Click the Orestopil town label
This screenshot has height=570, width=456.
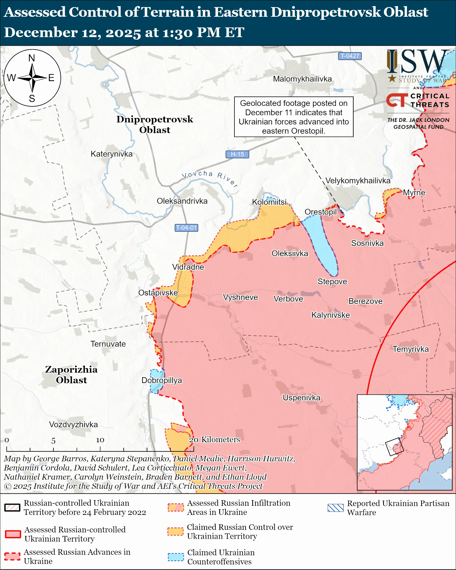tap(320, 212)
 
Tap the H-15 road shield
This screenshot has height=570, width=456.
tap(237, 154)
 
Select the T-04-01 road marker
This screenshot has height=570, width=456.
tap(186, 228)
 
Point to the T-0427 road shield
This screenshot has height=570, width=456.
tap(350, 56)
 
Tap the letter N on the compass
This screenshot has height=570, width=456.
tap(32, 58)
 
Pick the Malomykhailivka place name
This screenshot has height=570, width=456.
tap(302, 79)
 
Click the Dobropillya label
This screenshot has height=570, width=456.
tap(162, 380)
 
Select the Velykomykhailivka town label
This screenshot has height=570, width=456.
tap(358, 181)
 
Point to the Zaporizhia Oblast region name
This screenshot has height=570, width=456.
tap(71, 375)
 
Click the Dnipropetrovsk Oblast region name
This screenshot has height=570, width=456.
tap(155, 124)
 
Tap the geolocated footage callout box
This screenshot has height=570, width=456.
tap(294, 117)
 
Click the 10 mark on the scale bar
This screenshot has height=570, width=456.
tap(100, 440)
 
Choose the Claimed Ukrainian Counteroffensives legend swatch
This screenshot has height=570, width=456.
tap(176, 557)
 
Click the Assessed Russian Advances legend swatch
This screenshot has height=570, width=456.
tap(12, 556)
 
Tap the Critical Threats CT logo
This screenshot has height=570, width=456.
tap(397, 100)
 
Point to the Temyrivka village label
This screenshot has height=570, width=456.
tap(410, 349)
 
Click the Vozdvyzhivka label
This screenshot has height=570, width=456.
tap(73, 425)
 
